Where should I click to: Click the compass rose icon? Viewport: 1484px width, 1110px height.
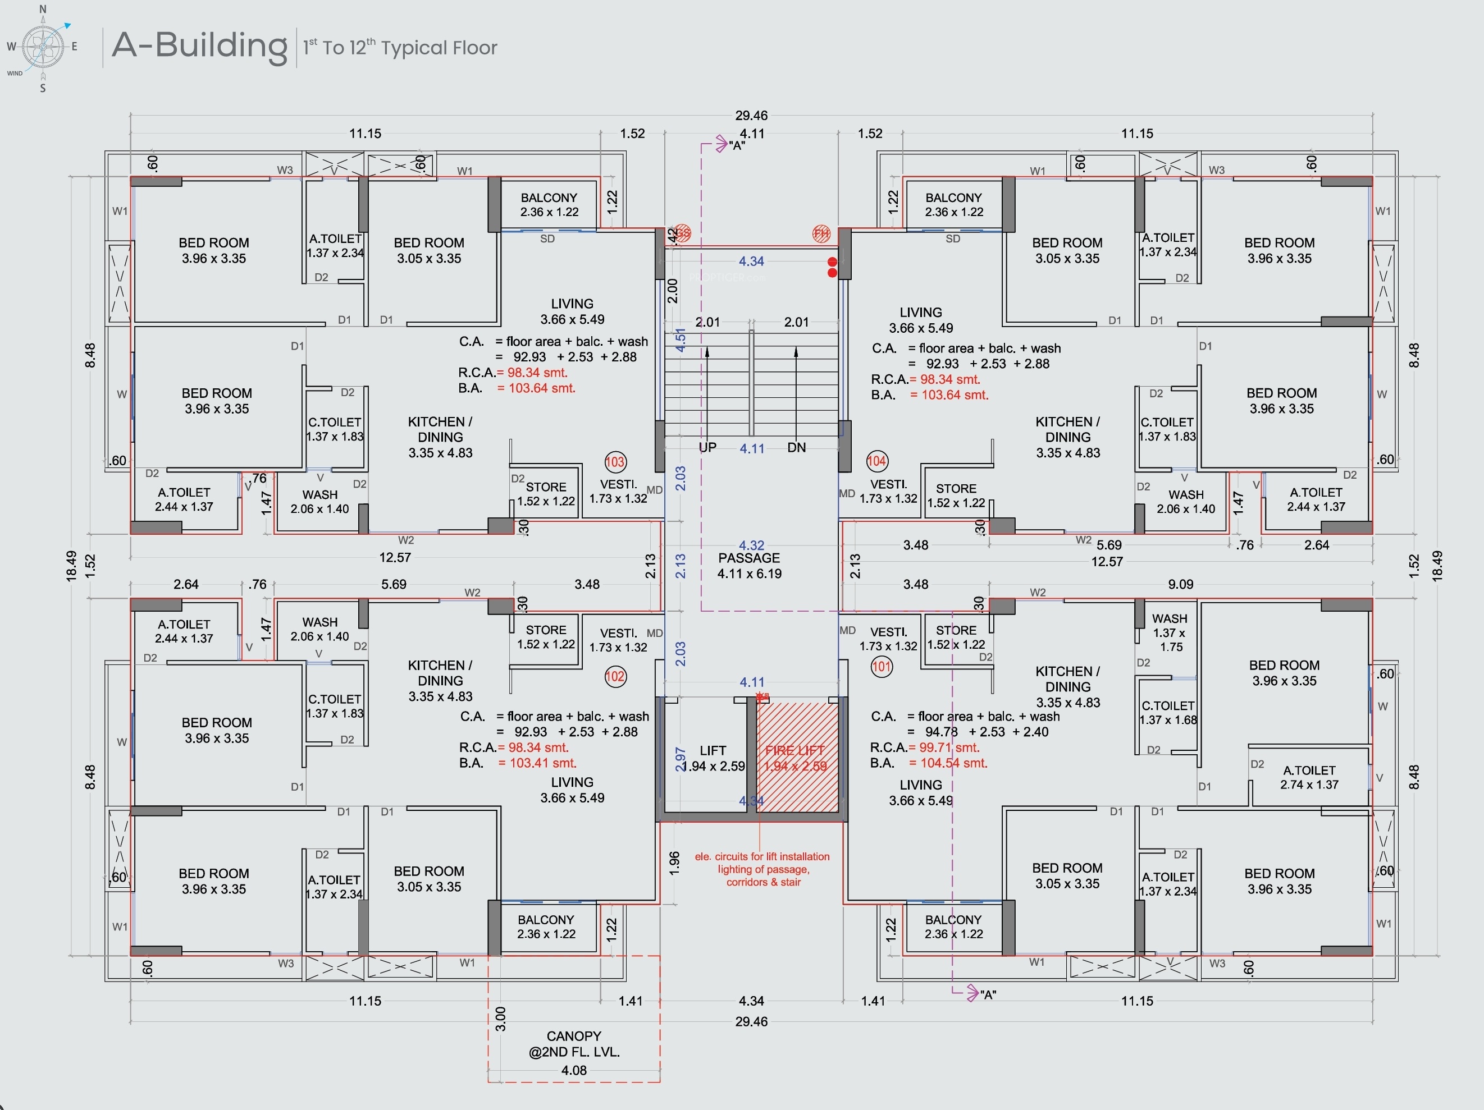pos(43,47)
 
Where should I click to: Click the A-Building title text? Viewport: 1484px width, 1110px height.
pos(199,45)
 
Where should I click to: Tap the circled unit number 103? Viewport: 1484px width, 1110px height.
pos(614,461)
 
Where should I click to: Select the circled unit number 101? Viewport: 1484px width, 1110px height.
pos(881,667)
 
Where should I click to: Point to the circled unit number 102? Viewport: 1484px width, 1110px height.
pos(614,676)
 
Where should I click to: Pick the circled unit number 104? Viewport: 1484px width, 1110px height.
pos(876,461)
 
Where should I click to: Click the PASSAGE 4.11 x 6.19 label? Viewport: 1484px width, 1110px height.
pos(750,566)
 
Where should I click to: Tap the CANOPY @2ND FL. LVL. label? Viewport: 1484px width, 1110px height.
pos(574,1044)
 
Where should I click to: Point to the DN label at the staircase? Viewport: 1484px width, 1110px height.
pos(796,447)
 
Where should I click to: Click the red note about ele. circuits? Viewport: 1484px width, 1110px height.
pos(762,869)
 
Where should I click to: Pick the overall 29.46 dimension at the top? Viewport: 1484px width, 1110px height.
pos(751,116)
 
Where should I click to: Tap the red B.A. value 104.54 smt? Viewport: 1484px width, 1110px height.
pos(948,763)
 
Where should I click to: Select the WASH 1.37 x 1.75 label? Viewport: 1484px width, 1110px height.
pos(1170,632)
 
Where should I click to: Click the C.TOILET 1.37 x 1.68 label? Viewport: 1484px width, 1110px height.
pos(1168,712)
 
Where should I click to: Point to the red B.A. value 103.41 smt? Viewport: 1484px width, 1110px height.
pos(537,763)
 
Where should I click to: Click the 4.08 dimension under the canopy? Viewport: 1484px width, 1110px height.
pos(574,1070)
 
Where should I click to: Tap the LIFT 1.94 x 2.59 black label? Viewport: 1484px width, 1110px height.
pos(713,758)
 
